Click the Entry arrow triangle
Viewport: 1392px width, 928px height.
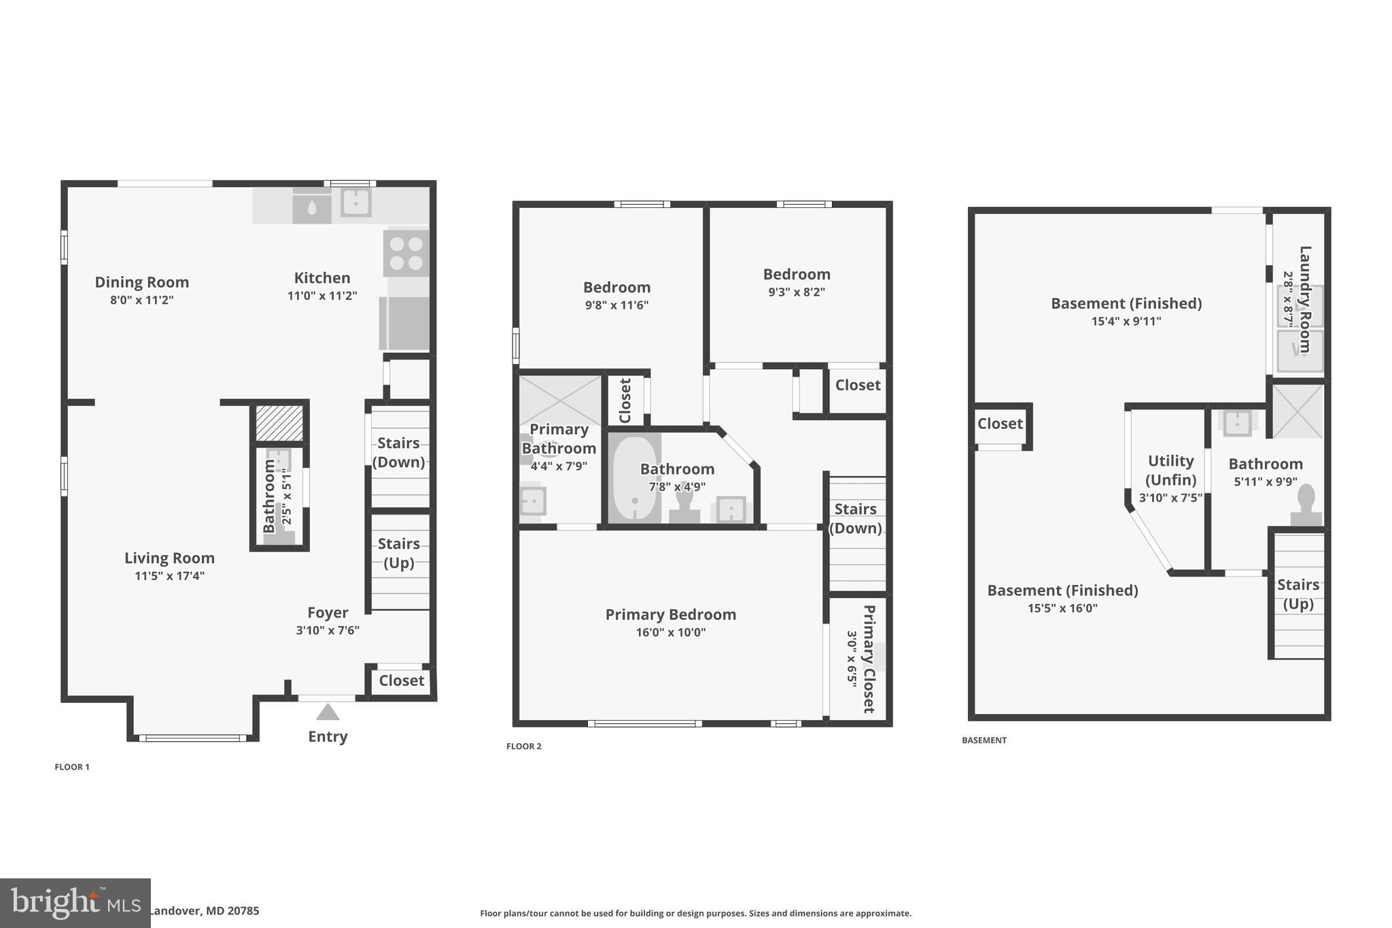click(x=328, y=712)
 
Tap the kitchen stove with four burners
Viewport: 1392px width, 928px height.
click(x=406, y=253)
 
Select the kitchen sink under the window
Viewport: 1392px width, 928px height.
click(x=355, y=202)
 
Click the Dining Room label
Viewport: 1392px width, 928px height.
click(x=142, y=282)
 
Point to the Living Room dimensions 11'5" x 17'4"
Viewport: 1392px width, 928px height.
click(x=169, y=576)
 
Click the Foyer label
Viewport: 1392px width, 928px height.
click(x=328, y=613)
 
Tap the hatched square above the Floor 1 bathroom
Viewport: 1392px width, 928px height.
click(x=279, y=423)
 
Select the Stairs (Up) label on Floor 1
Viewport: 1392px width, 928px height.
click(x=399, y=553)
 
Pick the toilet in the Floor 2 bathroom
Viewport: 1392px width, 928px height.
click(x=684, y=506)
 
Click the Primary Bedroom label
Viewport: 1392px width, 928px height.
click(x=670, y=615)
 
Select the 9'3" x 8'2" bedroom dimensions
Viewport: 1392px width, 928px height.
click(x=796, y=292)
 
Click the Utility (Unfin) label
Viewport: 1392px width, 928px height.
click(x=1170, y=470)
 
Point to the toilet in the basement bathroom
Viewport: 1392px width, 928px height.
click(x=1306, y=504)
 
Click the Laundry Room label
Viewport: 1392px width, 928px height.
click(x=1305, y=299)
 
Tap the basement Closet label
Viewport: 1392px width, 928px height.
click(x=1000, y=424)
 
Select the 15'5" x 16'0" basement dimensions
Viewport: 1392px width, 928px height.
click(x=1062, y=608)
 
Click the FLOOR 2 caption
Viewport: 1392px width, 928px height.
click(x=523, y=746)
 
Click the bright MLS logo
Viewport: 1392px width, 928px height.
click(x=75, y=903)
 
